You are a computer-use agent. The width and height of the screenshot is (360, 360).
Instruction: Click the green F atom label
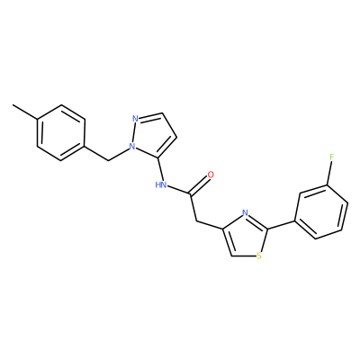click(x=331, y=157)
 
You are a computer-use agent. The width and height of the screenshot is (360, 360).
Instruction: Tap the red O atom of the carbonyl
click(x=211, y=175)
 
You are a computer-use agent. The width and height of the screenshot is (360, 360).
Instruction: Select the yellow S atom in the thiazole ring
click(x=259, y=256)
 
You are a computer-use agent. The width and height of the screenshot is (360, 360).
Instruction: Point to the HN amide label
click(x=161, y=184)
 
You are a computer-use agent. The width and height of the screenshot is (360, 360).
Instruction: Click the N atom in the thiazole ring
click(x=245, y=213)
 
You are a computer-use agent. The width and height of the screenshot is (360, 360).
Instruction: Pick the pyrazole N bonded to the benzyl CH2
click(x=131, y=147)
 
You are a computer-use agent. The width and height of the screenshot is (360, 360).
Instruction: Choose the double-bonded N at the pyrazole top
click(x=135, y=119)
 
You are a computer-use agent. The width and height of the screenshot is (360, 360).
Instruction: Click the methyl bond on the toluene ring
click(x=25, y=112)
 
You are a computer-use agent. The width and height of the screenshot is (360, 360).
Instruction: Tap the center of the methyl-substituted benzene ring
click(x=61, y=133)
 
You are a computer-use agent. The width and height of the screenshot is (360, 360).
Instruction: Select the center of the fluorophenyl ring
click(x=321, y=212)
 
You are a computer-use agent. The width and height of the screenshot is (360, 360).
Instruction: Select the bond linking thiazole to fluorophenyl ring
click(x=281, y=225)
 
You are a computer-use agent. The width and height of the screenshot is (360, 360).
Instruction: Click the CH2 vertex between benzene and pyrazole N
click(x=107, y=160)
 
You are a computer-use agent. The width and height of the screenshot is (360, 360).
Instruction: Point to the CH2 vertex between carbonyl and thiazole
click(x=196, y=221)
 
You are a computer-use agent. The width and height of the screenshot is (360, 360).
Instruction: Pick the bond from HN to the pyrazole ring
click(x=160, y=168)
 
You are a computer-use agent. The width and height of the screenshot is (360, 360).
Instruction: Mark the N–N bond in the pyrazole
click(x=133, y=132)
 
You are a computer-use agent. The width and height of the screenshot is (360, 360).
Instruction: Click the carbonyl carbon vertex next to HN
click(x=190, y=193)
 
